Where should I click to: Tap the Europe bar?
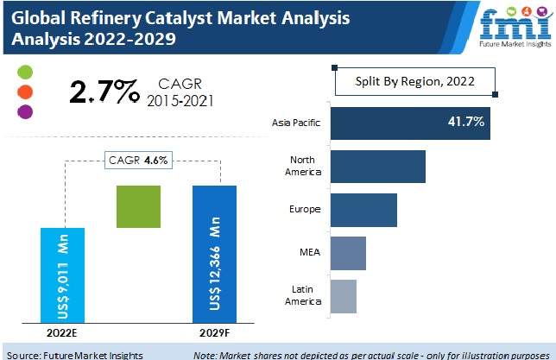(363, 210)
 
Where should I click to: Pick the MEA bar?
(348, 253)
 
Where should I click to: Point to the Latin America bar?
(343, 296)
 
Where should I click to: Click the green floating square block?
(139, 207)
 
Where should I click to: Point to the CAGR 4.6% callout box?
(139, 160)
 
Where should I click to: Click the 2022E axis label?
(63, 332)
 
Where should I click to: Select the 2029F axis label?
(213, 332)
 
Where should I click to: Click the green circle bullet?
(25, 71)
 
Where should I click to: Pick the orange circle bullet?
(25, 91)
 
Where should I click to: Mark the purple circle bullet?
(25, 111)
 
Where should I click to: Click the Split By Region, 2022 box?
(415, 82)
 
